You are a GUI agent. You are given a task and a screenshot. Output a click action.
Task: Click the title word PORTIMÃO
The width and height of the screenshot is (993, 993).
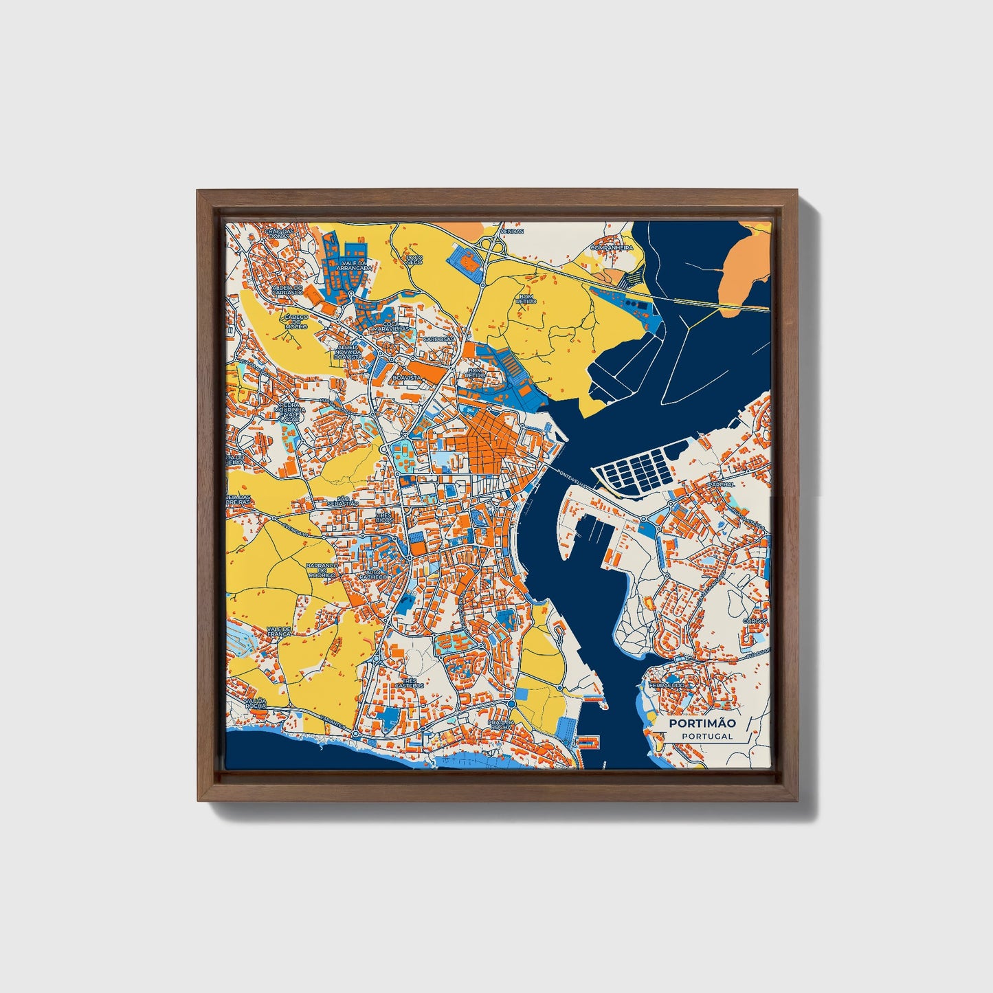coord(702,723)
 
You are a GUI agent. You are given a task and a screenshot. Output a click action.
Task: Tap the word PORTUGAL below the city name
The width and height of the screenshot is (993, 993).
coord(707,736)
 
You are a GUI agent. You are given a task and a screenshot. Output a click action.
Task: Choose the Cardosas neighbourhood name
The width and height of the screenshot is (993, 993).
coord(438,339)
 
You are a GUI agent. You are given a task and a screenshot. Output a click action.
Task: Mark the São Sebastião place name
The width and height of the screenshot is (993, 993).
coord(342,501)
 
